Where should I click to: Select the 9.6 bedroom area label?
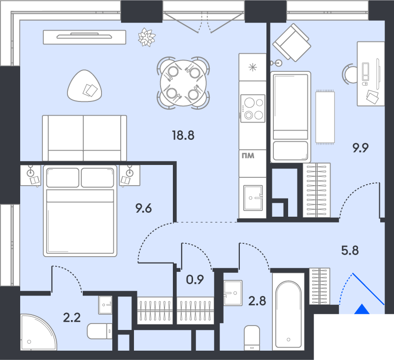point(143,208)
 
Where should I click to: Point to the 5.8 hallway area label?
point(350,250)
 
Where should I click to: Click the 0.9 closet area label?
point(195,280)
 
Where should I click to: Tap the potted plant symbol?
point(146,37)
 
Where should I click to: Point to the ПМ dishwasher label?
point(248,157)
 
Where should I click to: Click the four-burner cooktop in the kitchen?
point(253,108)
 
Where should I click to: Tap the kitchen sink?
point(253,197)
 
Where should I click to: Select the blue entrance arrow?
point(362,310)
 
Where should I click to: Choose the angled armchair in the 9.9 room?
point(292,42)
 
